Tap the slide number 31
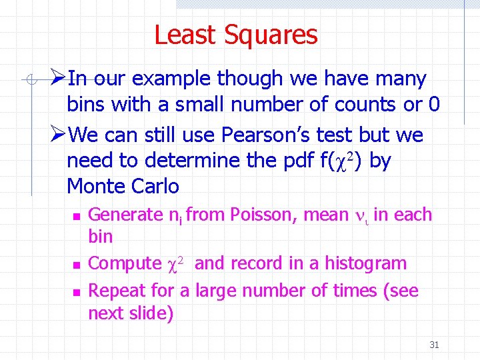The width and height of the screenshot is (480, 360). coord(434,345)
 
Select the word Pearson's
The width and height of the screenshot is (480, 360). coord(257,135)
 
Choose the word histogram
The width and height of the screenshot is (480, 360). coord(365,263)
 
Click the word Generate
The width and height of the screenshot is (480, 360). coord(125,215)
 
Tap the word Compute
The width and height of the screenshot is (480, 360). coord(125,264)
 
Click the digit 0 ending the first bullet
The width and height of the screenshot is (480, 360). coord(434,105)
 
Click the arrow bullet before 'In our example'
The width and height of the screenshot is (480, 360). coord(58,79)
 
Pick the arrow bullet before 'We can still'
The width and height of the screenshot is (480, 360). coord(58,135)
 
